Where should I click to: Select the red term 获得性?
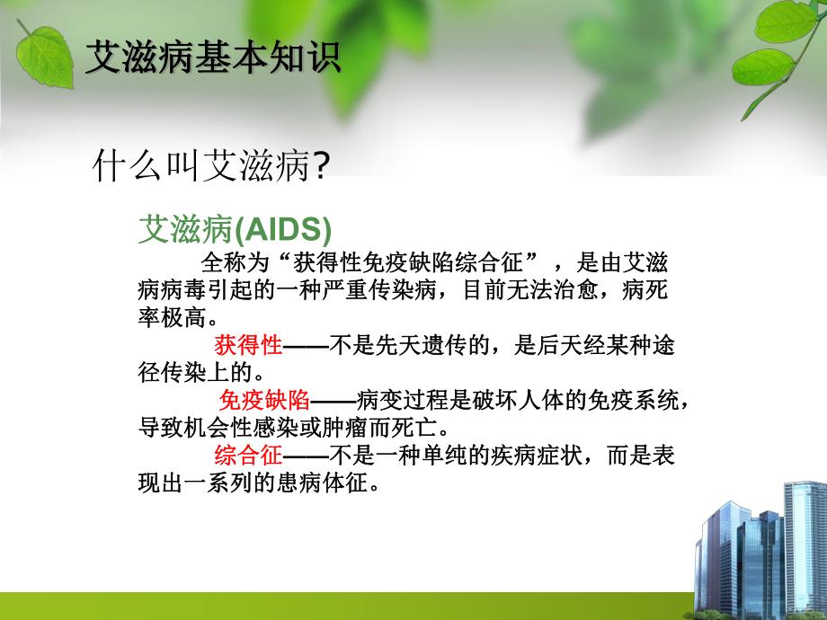(248, 345)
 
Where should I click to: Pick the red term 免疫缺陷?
(264, 400)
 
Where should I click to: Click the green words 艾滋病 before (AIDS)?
(185, 230)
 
